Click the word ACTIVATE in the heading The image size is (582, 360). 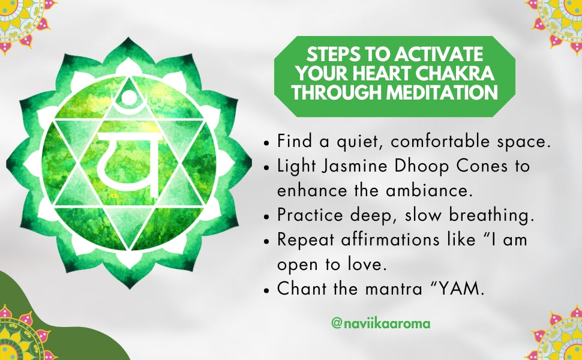[x=439, y=55]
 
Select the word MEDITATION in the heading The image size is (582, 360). [x=442, y=92]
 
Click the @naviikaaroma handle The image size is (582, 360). [x=381, y=323]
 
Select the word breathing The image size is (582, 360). [x=491, y=216]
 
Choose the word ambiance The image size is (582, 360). [x=429, y=190]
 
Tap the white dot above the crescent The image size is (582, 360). [x=129, y=97]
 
